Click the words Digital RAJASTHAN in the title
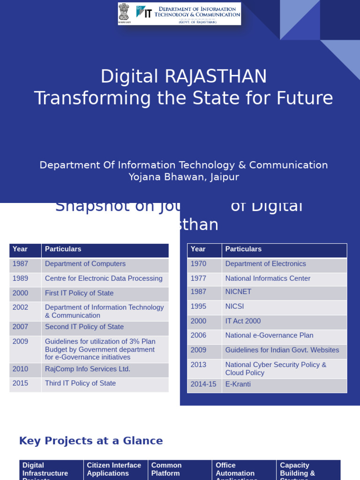click(x=183, y=77)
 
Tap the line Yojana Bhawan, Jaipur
click(x=184, y=177)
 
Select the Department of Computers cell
click(x=85, y=264)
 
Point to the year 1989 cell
click(x=21, y=278)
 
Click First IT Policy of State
click(x=79, y=293)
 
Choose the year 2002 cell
click(x=21, y=307)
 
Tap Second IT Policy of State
click(x=84, y=327)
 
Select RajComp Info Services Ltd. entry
click(x=88, y=369)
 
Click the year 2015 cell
click(x=21, y=383)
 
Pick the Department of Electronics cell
click(x=265, y=264)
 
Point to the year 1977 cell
click(x=199, y=278)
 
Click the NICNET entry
click(x=238, y=292)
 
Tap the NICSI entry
click(x=234, y=307)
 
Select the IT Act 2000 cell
click(x=243, y=321)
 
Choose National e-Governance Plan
click(x=269, y=336)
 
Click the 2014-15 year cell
click(x=203, y=384)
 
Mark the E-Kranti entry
click(x=238, y=384)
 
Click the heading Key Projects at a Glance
click(x=91, y=441)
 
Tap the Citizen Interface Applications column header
click(x=114, y=469)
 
